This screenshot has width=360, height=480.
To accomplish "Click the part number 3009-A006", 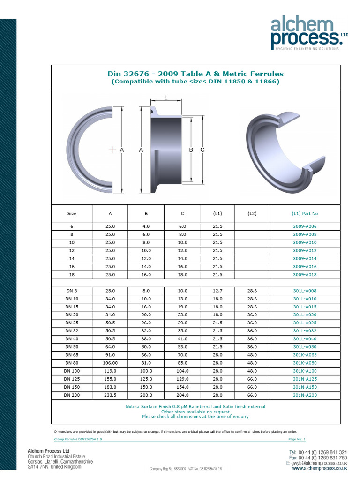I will [305, 226].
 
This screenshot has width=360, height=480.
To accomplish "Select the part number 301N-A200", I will [305, 395].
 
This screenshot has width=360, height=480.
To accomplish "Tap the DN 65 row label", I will [72, 355].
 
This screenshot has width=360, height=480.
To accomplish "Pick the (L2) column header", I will [252, 213].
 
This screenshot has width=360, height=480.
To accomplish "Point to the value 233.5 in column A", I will [110, 395].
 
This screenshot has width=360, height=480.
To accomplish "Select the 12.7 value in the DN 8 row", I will [217, 291].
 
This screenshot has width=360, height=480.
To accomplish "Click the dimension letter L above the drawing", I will [166, 97].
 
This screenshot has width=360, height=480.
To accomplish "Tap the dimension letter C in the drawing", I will [202, 150].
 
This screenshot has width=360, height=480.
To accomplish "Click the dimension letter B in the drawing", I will [191, 150].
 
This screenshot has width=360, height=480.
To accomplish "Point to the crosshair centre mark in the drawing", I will [112, 150].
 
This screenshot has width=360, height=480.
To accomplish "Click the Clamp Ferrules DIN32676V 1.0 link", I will [78, 439].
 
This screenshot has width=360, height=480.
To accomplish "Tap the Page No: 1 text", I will [297, 439].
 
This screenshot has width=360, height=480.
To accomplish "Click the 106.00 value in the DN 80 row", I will [110, 363].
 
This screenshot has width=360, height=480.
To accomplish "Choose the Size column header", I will [72, 213].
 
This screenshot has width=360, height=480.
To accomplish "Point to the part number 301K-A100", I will [305, 371].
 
